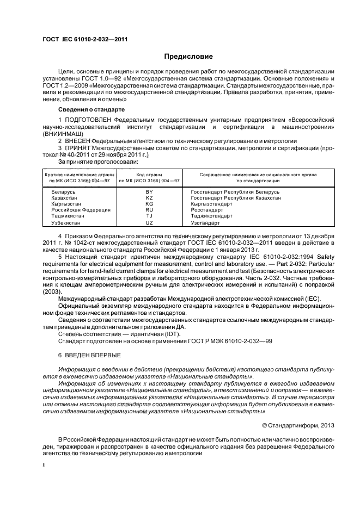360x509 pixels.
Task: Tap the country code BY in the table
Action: (149, 193)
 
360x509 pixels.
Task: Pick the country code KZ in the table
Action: (149, 198)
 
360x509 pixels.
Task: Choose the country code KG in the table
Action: (149, 204)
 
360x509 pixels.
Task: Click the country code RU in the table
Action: (149, 210)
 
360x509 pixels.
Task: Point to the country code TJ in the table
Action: (149, 216)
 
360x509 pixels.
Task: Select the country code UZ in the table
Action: (149, 223)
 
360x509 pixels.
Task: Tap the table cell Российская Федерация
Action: (81, 210)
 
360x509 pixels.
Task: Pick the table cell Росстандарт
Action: (207, 210)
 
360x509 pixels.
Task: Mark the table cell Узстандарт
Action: (205, 223)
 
